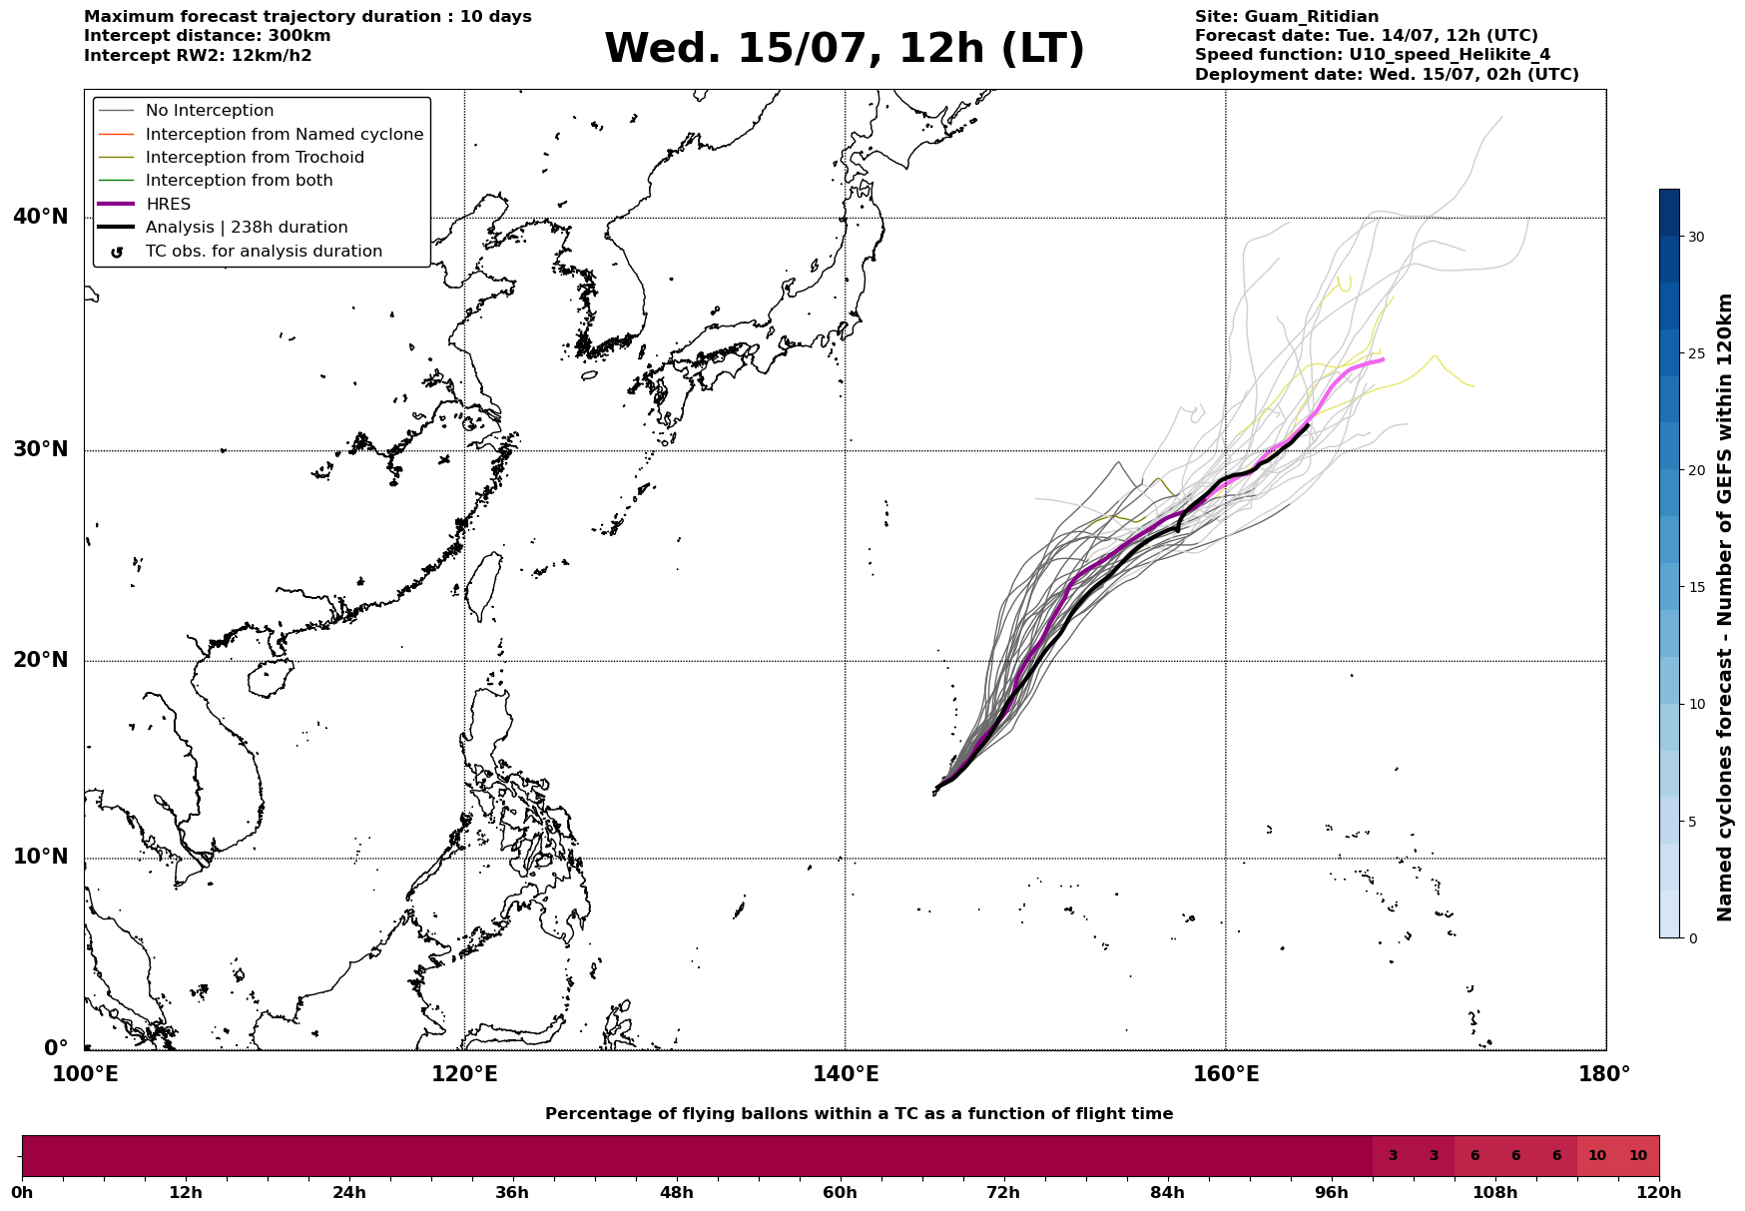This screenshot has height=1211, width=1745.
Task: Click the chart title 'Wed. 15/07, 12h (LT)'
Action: tap(844, 49)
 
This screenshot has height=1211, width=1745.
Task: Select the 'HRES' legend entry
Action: tap(168, 205)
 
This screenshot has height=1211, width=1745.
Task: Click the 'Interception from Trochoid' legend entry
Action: tap(255, 158)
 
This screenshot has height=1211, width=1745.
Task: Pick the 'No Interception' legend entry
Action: tap(210, 111)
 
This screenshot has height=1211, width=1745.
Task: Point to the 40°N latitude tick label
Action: tap(41, 217)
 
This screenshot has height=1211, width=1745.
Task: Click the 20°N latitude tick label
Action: tap(41, 660)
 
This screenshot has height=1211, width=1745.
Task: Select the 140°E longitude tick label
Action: tap(845, 1075)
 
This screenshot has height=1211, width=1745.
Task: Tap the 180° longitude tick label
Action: tap(1605, 1075)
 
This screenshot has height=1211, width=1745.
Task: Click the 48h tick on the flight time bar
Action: tap(676, 1192)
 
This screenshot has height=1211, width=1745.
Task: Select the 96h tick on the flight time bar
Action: tap(1331, 1192)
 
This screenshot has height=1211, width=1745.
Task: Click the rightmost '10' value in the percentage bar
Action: tap(1638, 1156)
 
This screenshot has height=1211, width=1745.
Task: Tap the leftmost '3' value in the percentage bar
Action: tap(1393, 1156)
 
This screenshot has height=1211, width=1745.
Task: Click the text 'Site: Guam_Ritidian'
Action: tap(1287, 17)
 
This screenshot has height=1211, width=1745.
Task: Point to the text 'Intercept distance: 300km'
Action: tap(208, 36)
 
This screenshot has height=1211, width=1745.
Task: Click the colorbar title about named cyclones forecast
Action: tap(1724, 607)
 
